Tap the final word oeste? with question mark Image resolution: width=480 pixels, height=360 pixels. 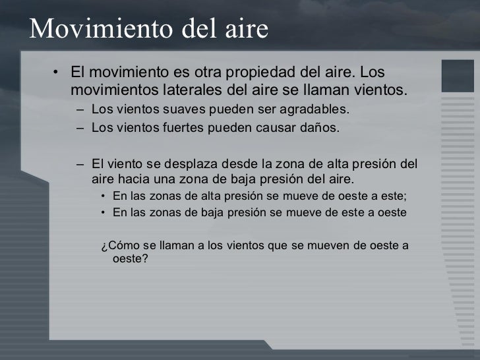click(131, 259)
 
